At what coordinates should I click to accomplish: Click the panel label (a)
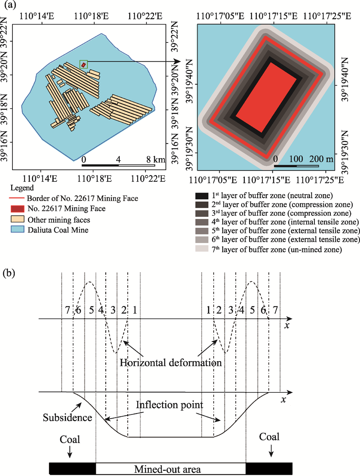tap(9, 6)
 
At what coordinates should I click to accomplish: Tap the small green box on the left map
tap(83, 64)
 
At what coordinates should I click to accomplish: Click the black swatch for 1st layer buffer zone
tap(201, 196)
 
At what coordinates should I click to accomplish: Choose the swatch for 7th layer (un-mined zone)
tap(201, 249)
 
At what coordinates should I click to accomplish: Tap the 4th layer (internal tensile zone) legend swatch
tap(201, 223)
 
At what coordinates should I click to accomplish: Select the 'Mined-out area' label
tap(168, 469)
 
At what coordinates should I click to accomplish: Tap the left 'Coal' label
tap(70, 439)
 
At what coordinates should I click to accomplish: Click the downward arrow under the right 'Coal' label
tap(272, 451)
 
